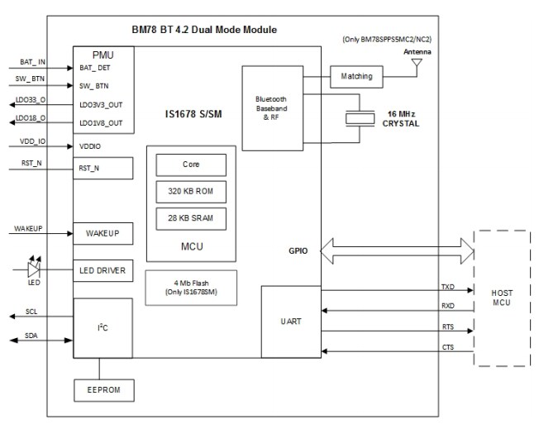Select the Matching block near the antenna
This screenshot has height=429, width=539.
click(355, 76)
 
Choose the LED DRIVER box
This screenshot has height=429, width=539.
click(103, 269)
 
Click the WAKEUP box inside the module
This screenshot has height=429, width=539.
click(103, 233)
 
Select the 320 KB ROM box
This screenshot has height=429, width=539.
click(191, 190)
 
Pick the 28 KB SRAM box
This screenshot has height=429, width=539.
click(191, 218)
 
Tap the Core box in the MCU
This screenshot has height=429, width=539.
click(191, 164)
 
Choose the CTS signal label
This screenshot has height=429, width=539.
click(447, 347)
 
